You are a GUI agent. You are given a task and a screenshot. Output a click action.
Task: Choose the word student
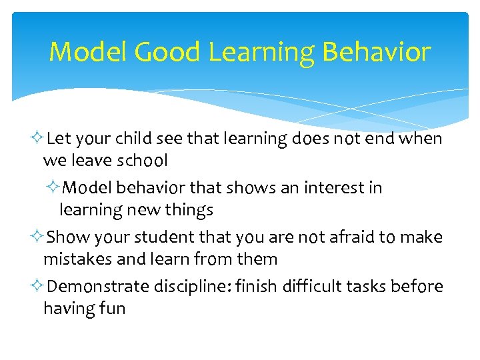(x=163, y=237)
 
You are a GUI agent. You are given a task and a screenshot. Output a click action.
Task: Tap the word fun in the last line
(x=111, y=309)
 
